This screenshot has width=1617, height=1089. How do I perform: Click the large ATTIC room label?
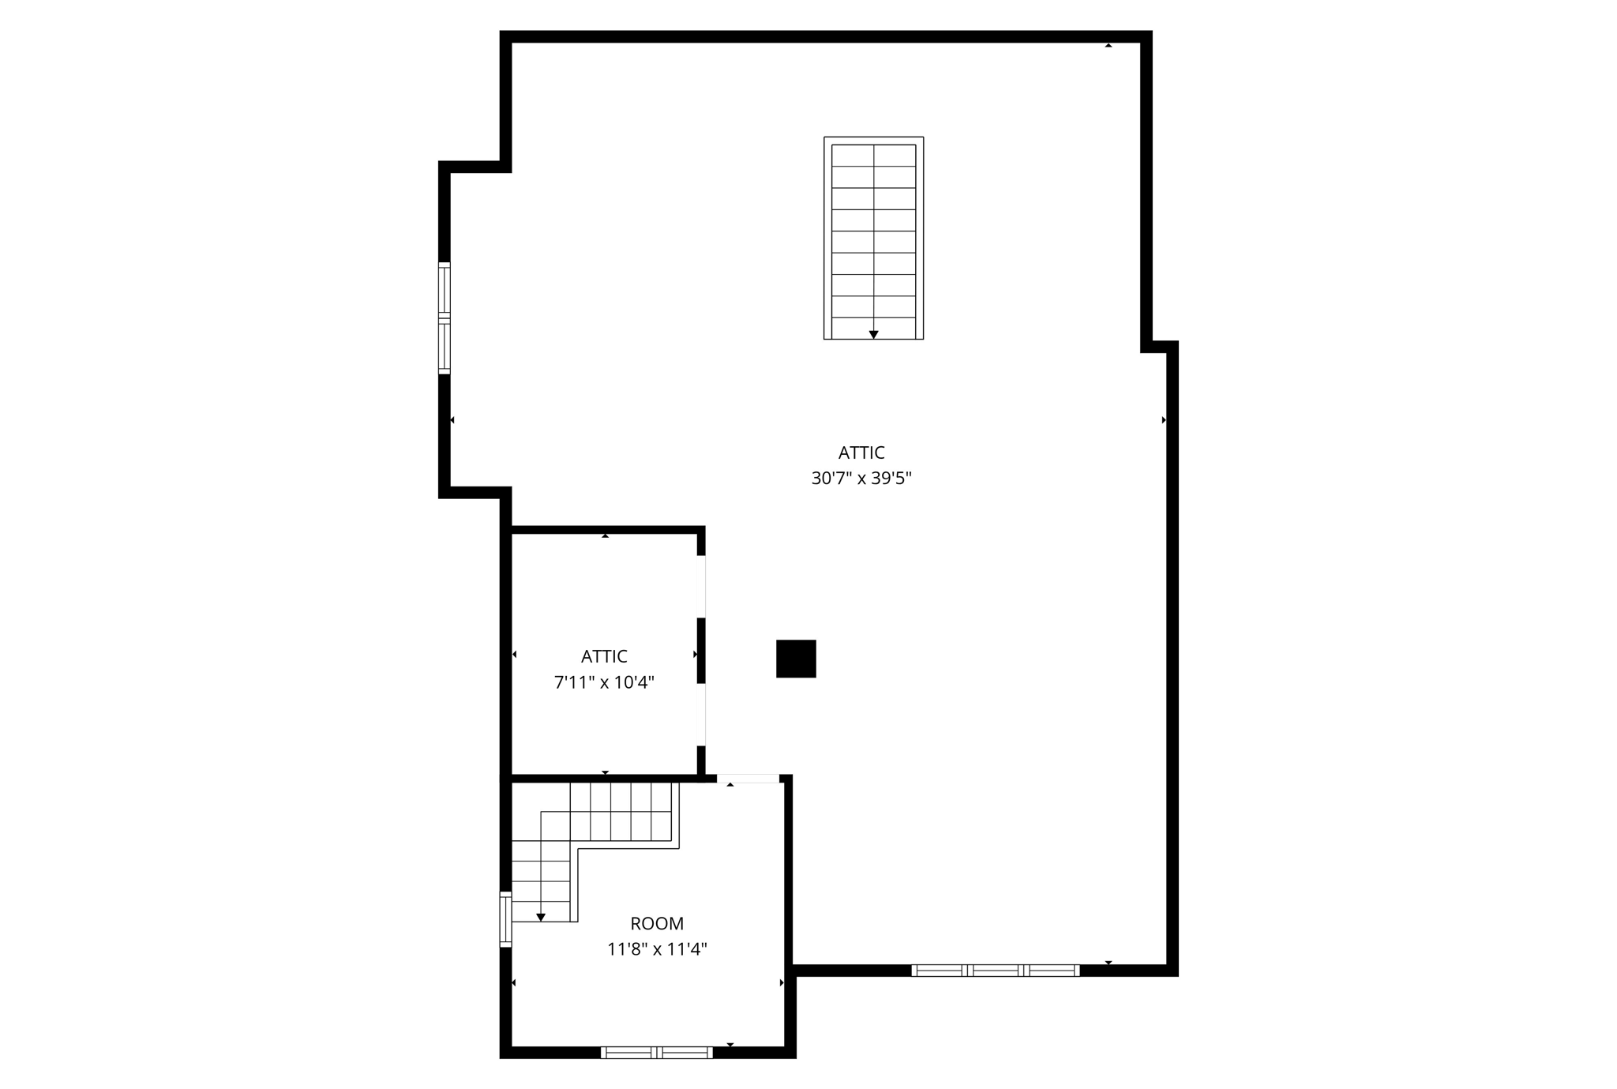pos(861,452)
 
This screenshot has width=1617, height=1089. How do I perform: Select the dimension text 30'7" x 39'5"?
pos(861,478)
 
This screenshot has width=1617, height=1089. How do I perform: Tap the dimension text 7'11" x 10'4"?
pos(604,682)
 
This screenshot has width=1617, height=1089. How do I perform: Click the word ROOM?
pos(657,923)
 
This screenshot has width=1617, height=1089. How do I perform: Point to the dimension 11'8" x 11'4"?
pos(657,948)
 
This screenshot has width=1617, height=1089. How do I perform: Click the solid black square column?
pos(796,659)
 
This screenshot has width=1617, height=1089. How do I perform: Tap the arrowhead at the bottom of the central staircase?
pos(873,335)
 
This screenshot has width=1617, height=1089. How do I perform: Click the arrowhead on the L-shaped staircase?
pos(541,917)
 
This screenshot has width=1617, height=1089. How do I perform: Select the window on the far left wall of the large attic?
pos(445,317)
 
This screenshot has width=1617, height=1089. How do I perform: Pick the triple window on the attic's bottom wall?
pos(995,971)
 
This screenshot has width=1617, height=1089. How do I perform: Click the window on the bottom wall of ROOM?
pos(656,1052)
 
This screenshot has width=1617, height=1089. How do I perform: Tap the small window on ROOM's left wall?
pos(505,918)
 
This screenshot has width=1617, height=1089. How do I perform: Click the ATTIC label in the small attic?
pos(604,656)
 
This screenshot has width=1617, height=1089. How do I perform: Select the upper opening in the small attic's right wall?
pos(701,586)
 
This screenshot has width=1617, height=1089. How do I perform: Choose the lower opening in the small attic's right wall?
pos(701,714)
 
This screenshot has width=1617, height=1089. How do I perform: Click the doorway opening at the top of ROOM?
pos(748,779)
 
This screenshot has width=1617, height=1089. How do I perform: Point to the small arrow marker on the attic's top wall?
pos(1109,45)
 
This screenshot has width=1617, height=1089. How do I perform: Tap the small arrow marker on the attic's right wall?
pos(1164,420)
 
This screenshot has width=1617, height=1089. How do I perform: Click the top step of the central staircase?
pos(873,156)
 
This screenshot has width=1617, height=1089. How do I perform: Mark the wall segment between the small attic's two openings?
pos(701,650)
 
